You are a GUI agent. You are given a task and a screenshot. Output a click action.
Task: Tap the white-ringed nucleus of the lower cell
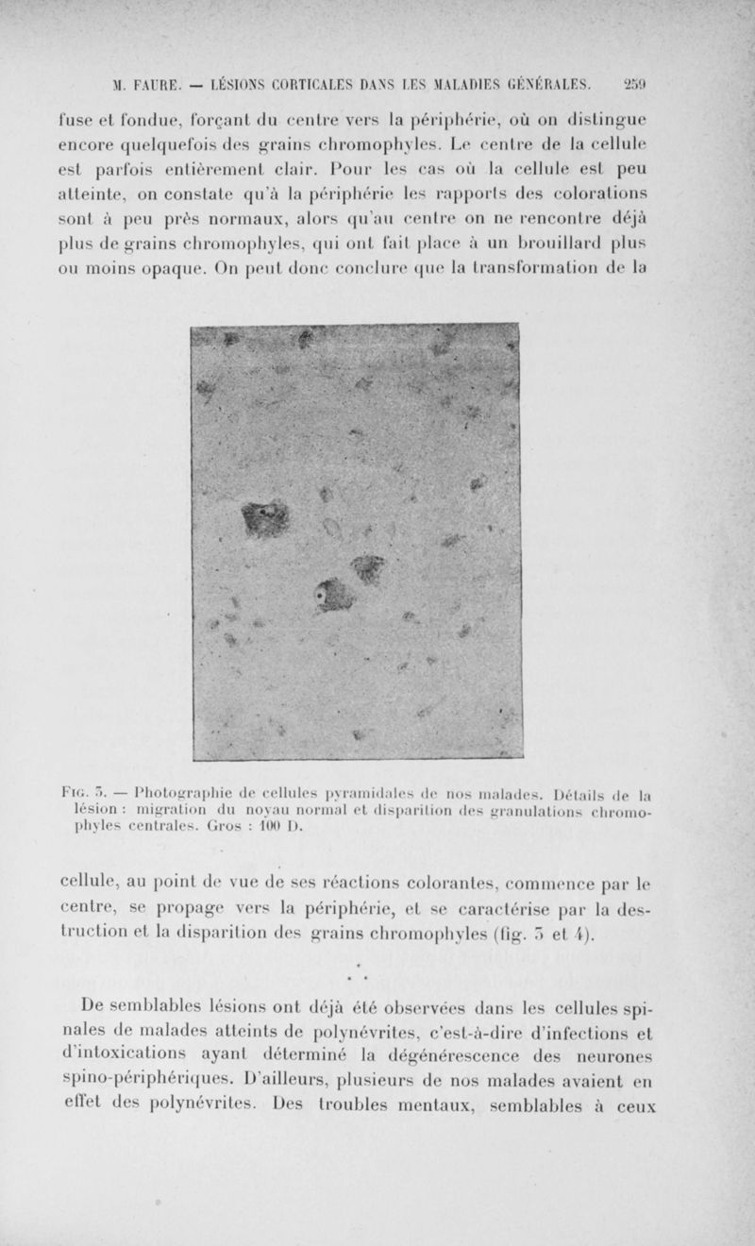click(323, 598)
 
